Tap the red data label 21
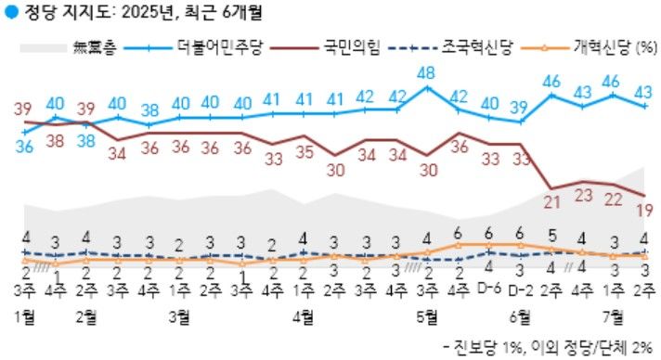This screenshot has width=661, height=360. (552, 203)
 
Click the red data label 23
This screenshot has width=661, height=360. (583, 196)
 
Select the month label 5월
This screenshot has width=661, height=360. (427, 315)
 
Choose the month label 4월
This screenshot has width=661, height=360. (303, 315)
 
